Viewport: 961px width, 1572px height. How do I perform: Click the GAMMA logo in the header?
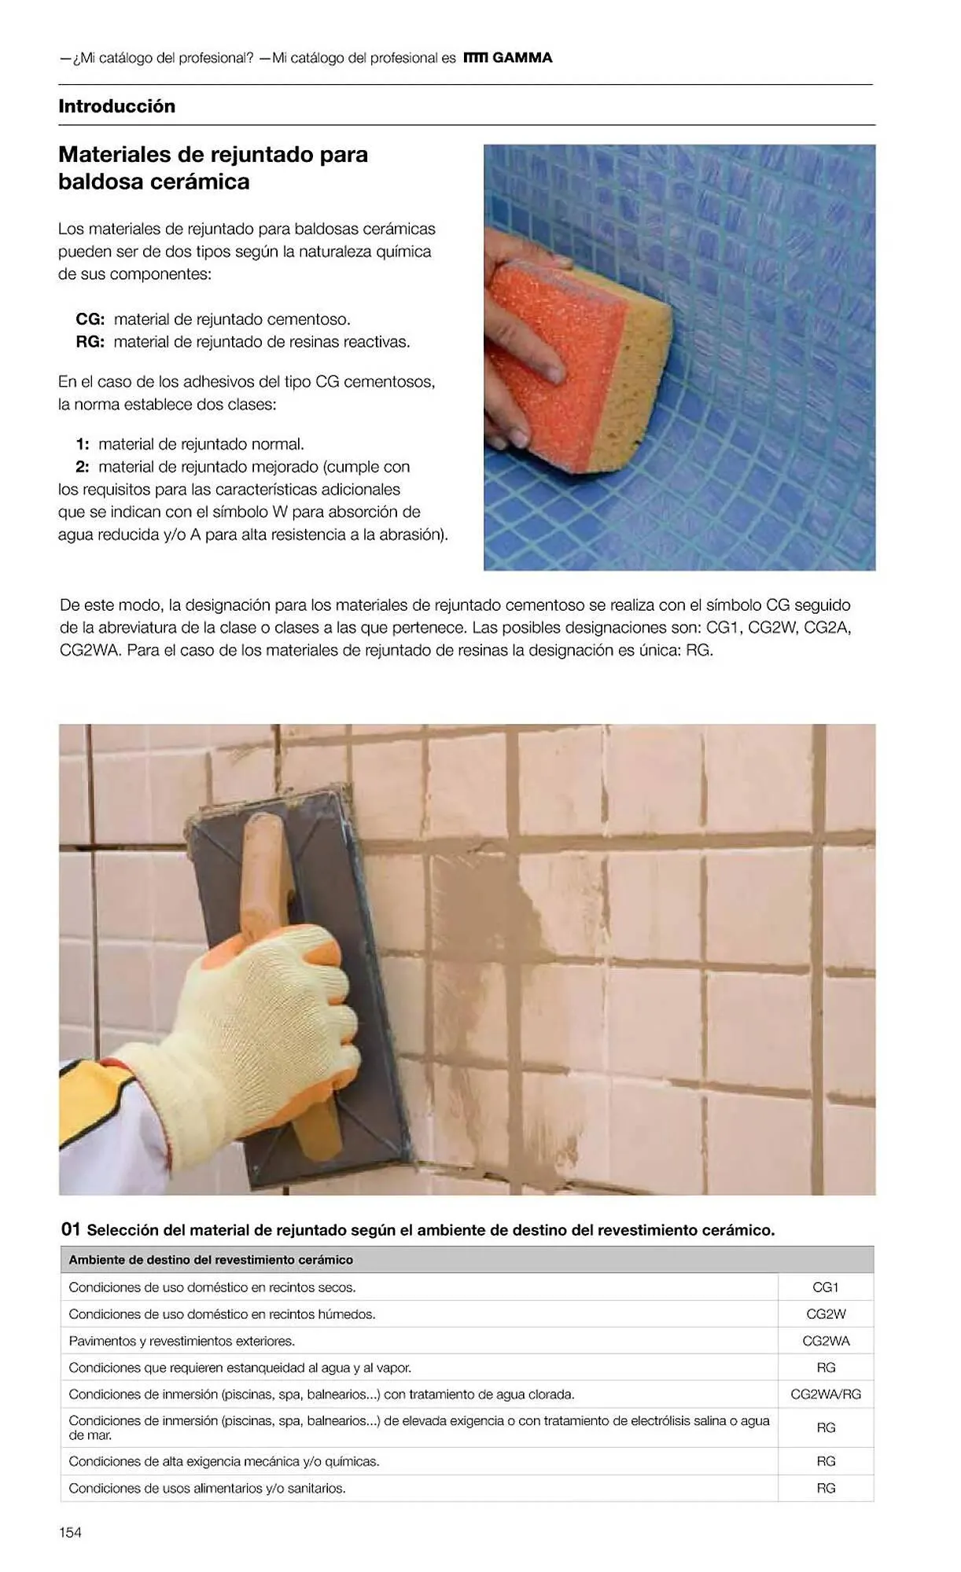pos(509,57)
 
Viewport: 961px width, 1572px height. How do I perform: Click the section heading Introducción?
pos(116,106)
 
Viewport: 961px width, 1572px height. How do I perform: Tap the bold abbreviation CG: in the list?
pos(90,319)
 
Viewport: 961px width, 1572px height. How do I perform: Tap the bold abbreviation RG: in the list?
pos(90,342)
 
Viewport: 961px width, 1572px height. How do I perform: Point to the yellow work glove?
pos(267,1022)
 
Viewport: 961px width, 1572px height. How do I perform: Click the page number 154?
pos(70,1532)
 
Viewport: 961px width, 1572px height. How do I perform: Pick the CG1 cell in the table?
pos(825,1287)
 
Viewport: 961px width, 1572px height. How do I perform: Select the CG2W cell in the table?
pos(825,1313)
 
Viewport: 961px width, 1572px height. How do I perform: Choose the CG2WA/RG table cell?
pos(825,1394)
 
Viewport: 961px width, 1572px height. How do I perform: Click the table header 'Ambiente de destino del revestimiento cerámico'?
pos(211,1259)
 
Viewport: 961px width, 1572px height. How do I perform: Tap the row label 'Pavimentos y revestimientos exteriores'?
pos(182,1341)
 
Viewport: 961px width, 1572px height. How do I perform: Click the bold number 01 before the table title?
pos(70,1229)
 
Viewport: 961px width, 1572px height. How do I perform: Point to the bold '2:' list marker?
pos(82,467)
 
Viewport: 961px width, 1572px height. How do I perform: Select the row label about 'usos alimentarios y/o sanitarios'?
pos(207,1488)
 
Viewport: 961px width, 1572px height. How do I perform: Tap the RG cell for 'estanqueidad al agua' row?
pos(825,1367)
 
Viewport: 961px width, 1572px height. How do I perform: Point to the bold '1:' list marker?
pos(82,444)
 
